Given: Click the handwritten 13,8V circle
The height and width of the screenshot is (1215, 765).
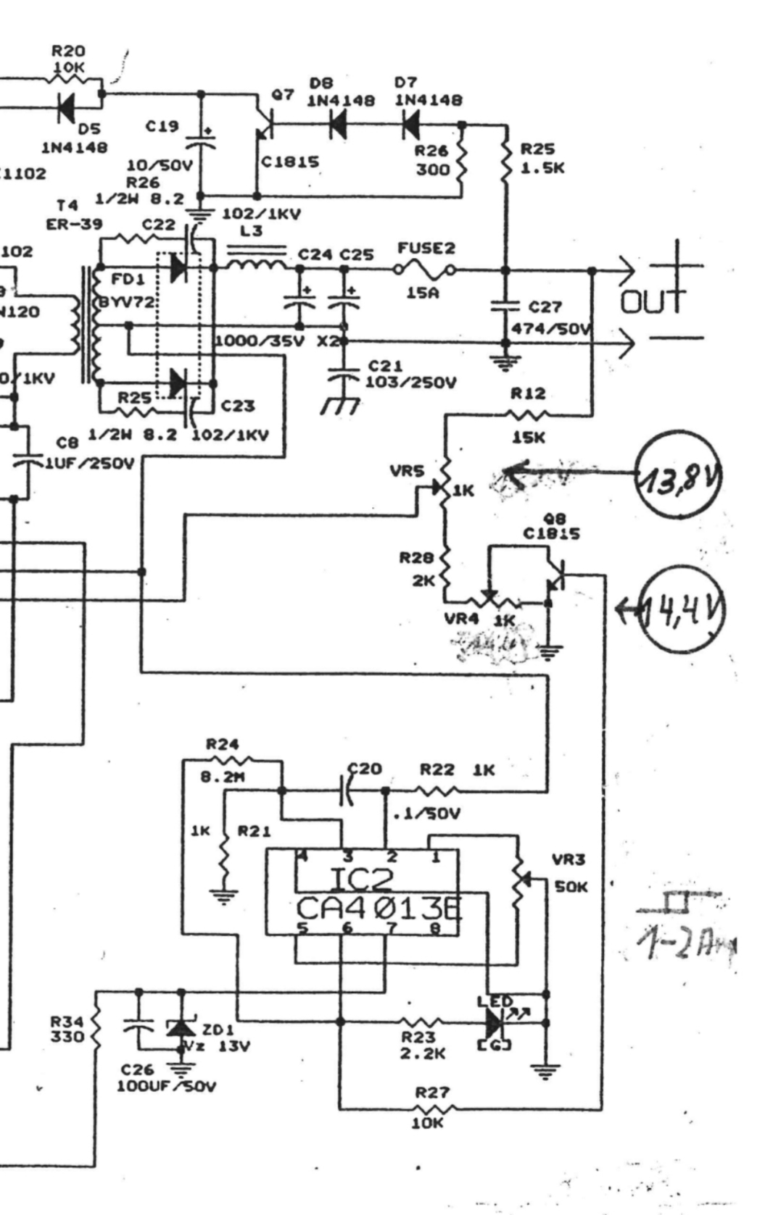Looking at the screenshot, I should (678, 474).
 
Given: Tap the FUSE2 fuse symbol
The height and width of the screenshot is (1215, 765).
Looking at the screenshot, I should (426, 271).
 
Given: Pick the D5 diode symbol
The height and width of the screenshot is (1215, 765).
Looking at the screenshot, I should (66, 109).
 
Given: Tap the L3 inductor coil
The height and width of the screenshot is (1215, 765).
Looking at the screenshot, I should (255, 263).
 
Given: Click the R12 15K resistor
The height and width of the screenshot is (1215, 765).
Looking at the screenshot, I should (528, 416).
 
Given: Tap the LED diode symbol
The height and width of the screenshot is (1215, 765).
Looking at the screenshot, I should (495, 1023).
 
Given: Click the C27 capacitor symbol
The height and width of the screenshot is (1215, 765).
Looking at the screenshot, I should (505, 306).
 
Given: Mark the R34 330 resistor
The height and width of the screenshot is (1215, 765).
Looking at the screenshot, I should (96, 1029).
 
